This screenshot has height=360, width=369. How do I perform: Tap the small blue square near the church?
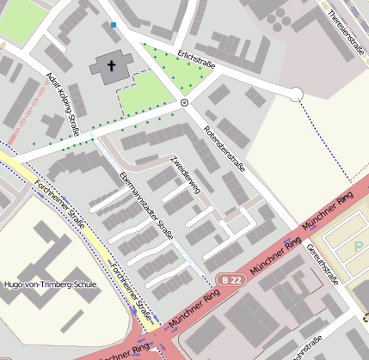pos(114,25)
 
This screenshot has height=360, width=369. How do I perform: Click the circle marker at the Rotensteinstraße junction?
pos(184,102)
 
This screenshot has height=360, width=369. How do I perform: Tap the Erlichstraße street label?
pos(196,59)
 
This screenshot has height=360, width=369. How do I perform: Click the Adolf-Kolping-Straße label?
pos(61,104)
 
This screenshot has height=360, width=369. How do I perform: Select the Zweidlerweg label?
pos(185,174)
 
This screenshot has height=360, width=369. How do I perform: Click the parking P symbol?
pos(359,247)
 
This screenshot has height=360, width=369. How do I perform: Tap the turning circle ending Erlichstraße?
pos(295,95)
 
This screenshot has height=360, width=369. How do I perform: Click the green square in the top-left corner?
pos(19,19)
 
